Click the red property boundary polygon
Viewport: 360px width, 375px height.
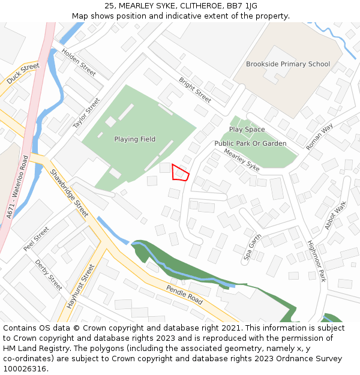[x=180, y=173]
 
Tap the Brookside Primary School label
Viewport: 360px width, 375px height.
[x=288, y=64]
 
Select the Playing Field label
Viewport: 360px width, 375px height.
[x=135, y=139]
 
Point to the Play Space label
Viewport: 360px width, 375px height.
[x=247, y=130]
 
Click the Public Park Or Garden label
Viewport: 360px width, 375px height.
[x=250, y=144]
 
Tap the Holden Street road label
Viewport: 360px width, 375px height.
[x=79, y=62]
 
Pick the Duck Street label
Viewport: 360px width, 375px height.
[x=23, y=73]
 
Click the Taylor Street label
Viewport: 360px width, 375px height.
[x=86, y=113]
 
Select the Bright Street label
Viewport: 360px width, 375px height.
[x=195, y=89]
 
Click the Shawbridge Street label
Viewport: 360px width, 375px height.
[x=69, y=193]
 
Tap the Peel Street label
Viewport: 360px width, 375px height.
[x=37, y=238]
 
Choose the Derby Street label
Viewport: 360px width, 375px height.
[x=48, y=275]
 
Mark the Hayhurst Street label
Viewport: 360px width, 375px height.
[x=80, y=287]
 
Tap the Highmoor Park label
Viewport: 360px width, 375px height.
[x=316, y=262]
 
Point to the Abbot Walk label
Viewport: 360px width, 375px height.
[x=336, y=215]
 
